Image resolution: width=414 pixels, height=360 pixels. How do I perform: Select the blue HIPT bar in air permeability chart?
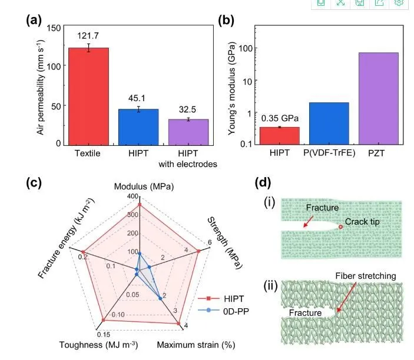coord(138,126)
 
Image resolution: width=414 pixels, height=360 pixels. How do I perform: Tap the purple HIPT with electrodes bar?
coord(188,132)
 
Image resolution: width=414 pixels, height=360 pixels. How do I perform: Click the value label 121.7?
coord(88,36)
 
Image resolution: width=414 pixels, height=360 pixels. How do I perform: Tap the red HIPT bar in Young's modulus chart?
coord(279,136)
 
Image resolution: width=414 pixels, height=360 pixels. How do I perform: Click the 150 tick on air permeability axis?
coord(54,28)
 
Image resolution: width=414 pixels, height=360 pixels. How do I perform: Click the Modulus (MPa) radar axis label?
coord(139,186)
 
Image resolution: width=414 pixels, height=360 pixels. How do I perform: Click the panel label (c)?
coord(34,182)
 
